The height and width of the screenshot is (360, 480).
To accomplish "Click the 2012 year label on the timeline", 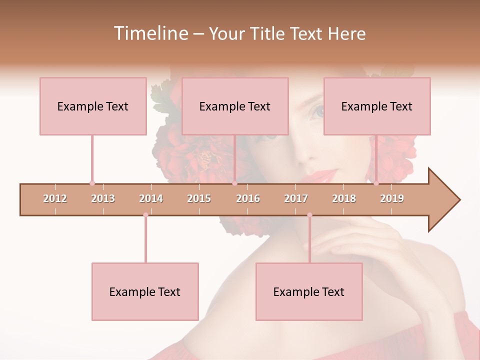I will point(55,198).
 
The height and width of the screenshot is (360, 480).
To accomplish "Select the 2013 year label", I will point(103,198).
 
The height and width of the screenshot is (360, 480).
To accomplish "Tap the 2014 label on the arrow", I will point(151,198).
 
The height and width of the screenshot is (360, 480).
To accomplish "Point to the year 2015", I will point(199,198).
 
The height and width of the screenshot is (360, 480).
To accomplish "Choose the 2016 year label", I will point(248,198).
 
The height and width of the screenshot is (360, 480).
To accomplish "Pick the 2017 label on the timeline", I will point(296,198).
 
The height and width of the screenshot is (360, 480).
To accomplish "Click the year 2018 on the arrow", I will point(344,198).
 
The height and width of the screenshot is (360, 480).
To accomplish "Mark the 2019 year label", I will point(392,198).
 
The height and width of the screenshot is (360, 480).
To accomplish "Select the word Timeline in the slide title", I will point(150,33).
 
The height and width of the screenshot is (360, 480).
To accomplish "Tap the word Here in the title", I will point(346,33).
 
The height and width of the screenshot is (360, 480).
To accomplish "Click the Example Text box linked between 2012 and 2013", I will point(93,106).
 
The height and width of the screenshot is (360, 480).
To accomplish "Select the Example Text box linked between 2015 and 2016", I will point(235,106).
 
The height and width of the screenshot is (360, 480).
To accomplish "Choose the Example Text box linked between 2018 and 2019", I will point(377,106).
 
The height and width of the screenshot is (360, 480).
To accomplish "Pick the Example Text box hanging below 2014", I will point(145,291).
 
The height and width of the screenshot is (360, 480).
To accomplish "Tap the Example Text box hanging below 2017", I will point(309,291).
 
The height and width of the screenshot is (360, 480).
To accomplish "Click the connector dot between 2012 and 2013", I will point(92,183).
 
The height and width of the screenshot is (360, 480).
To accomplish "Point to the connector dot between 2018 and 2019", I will point(376,183).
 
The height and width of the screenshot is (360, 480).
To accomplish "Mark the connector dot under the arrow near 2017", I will point(309,215).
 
